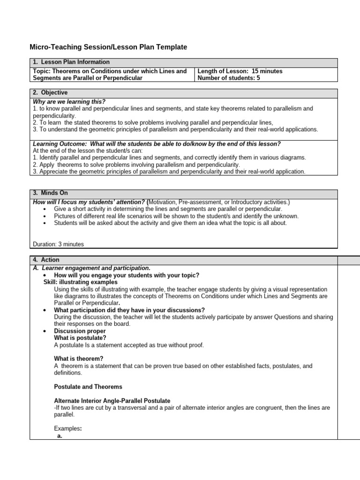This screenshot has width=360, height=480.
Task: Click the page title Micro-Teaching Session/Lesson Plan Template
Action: click(108, 47)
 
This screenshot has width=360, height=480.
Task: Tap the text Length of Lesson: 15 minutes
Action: click(240, 71)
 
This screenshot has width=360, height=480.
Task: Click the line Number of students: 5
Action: click(228, 78)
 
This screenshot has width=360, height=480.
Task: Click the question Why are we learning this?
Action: click(69, 102)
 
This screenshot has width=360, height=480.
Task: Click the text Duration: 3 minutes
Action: click(59, 244)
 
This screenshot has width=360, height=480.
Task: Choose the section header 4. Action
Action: click(46, 260)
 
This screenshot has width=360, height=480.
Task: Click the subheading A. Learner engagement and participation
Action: click(91, 268)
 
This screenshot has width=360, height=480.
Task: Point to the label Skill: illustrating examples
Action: click(80, 282)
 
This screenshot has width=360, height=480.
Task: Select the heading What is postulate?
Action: click(80, 338)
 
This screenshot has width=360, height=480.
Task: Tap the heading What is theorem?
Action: click(79, 359)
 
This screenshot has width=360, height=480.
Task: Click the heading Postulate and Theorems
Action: click(88, 387)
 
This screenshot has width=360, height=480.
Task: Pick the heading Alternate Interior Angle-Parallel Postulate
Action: click(112, 401)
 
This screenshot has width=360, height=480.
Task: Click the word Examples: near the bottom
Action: click(68, 428)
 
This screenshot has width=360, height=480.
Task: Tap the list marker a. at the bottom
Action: click(60, 435)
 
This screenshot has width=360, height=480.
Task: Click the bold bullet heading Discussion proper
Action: click(80, 331)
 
